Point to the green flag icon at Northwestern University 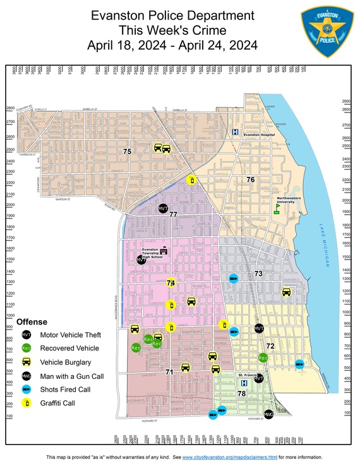tap(277, 207)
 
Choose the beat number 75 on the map tap(127, 152)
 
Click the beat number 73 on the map tap(258, 274)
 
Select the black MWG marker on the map tap(268, 414)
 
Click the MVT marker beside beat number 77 tap(163, 208)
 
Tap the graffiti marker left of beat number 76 tap(192, 181)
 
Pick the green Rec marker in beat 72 tap(263, 358)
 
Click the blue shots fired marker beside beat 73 tap(233, 278)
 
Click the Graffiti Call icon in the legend tap(27, 403)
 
